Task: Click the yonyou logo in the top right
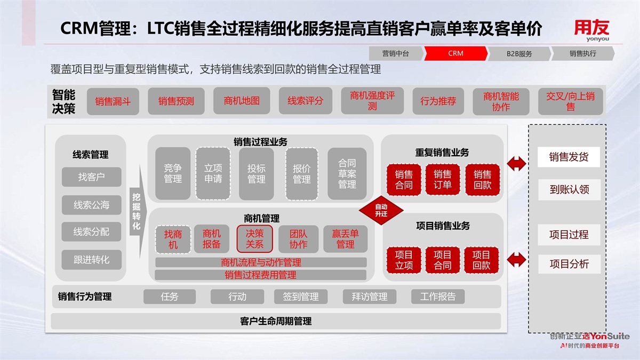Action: pos(591,30)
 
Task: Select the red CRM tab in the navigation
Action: pos(455,53)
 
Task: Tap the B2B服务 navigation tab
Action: pos(519,53)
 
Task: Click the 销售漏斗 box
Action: pos(113,101)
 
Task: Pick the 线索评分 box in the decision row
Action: pos(305,101)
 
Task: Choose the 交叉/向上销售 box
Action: pos(570,101)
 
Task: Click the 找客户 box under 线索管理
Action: pos(91,177)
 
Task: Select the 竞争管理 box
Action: pos(173,173)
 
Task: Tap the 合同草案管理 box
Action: pos(347,173)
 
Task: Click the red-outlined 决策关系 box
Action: pos(254,238)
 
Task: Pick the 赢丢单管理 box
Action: pos(345,238)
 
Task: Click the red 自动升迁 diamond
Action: pos(381,210)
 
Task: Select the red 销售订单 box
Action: pos(442,180)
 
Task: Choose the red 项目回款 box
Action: pos(481,260)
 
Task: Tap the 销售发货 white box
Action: pos(569,157)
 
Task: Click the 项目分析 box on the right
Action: pos(569,264)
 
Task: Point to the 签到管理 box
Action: pos(301,297)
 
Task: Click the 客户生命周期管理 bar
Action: pos(276,321)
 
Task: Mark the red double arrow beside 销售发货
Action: pos(516,163)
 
